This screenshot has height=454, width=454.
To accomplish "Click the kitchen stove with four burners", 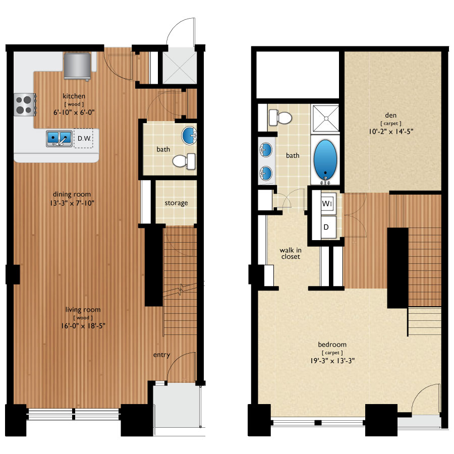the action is point(25,105).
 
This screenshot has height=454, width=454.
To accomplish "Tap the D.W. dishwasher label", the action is point(84,138).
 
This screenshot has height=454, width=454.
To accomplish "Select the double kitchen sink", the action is point(60,139).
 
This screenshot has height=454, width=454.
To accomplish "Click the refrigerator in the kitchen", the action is point(77,66).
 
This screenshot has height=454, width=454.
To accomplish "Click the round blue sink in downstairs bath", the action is point(189,135).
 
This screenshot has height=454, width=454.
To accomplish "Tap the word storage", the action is point(177,203).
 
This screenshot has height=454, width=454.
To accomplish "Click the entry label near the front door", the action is point(161,355).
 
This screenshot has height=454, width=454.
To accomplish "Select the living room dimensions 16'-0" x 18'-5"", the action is point(83,326).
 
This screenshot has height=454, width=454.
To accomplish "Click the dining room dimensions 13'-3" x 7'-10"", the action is point(72,203).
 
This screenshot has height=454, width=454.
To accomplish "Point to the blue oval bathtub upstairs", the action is point(325,160).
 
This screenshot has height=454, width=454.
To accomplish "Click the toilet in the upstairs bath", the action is point(280,118).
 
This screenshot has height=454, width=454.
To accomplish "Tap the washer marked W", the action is point(328,203).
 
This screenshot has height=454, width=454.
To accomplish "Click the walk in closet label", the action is point(291,253).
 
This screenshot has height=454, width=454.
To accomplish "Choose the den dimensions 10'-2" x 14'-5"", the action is point(391,132).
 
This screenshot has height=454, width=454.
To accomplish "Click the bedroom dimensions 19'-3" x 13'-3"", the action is point(332,361).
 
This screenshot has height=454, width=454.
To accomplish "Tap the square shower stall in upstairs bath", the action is point(325,119).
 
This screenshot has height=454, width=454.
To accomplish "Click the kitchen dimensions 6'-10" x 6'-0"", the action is point(74,112).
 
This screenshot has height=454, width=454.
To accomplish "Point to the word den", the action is point(390,115).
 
